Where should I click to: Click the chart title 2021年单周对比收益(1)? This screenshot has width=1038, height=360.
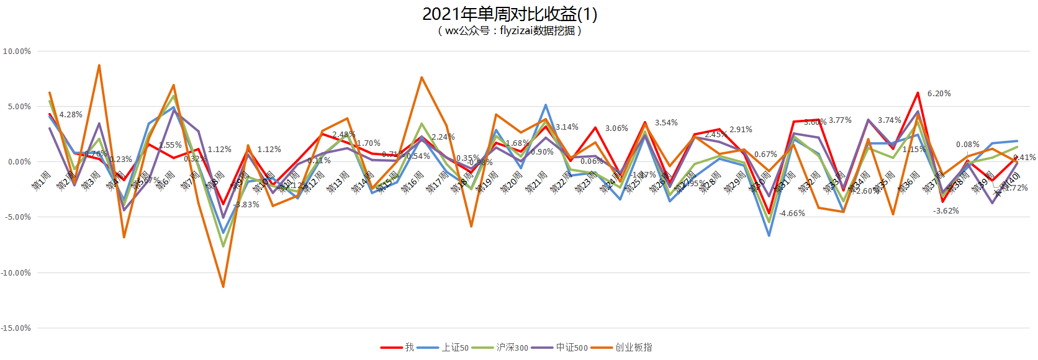pyautogui.click(x=510, y=14)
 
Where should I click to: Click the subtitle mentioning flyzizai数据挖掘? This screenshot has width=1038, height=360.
pyautogui.click(x=510, y=30)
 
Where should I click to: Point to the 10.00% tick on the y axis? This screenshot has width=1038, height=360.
pyautogui.click(x=17, y=52)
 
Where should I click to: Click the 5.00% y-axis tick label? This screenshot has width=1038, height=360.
pyautogui.click(x=19, y=107)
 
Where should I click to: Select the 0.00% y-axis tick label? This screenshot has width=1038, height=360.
pyautogui.click(x=19, y=162)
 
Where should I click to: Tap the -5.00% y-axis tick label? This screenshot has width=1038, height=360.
pyautogui.click(x=17, y=217)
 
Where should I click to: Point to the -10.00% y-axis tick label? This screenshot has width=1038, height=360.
pyautogui.click(x=16, y=272)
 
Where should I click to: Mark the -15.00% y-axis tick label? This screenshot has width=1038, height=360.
pyautogui.click(x=16, y=328)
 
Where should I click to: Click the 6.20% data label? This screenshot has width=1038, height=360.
pyautogui.click(x=939, y=94)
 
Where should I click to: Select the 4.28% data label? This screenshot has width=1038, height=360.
pyautogui.click(x=71, y=115)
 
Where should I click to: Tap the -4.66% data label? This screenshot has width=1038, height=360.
pyautogui.click(x=792, y=214)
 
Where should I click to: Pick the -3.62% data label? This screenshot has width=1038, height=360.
pyautogui.click(x=945, y=211)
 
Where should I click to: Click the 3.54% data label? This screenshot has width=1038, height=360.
pyautogui.click(x=666, y=123)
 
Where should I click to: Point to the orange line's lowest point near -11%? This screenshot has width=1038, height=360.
pyautogui.click(x=223, y=287)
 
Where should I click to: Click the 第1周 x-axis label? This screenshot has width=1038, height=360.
pyautogui.click(x=41, y=181)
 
